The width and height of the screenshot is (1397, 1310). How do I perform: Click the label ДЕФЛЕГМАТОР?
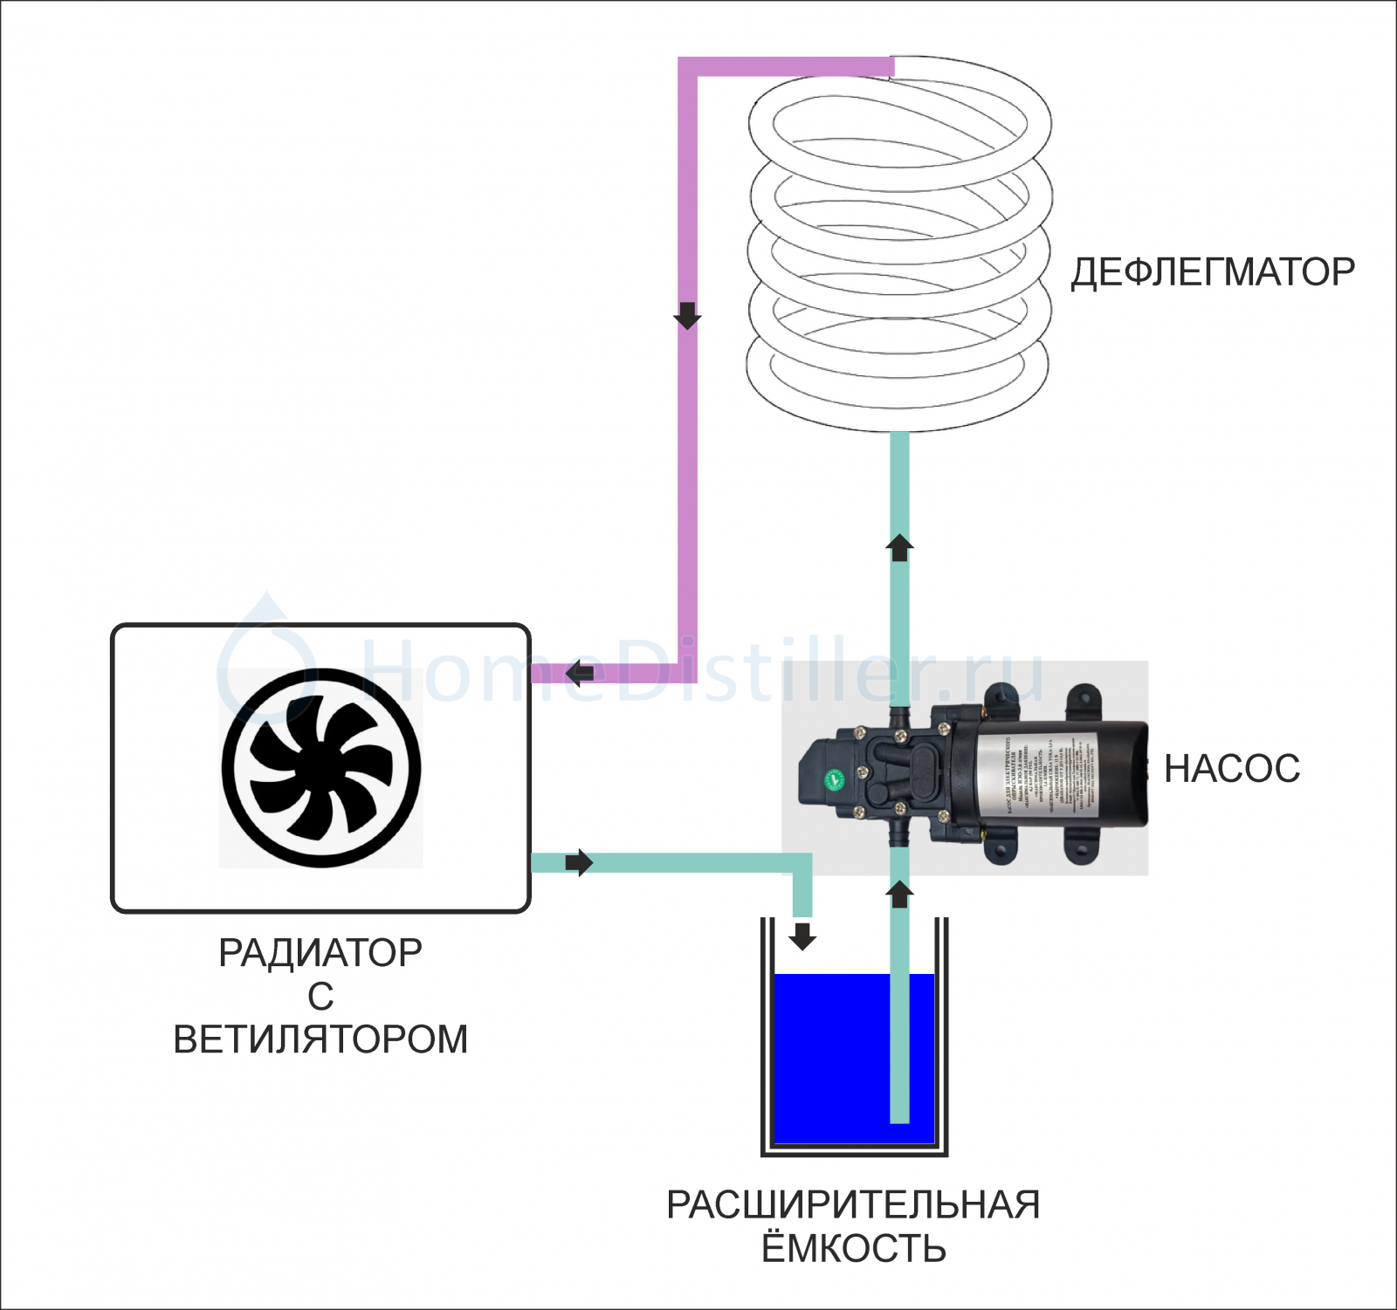point(1213,272)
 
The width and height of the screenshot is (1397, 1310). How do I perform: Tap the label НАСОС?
point(1232,769)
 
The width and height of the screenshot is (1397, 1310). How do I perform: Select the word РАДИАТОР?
point(320,953)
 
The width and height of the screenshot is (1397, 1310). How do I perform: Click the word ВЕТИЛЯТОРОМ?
point(320,1039)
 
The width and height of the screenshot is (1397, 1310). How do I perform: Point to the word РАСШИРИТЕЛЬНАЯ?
point(853,1205)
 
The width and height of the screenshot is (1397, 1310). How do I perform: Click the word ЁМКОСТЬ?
point(853,1249)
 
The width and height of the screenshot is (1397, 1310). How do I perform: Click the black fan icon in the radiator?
point(321,768)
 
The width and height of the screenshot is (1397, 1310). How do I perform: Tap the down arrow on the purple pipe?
point(687,315)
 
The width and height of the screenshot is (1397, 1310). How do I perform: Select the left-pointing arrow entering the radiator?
point(580,673)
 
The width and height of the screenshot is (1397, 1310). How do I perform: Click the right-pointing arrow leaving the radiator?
point(579,863)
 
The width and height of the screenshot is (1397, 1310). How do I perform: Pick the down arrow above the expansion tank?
point(802,936)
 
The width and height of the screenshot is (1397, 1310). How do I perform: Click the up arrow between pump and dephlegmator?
point(899,547)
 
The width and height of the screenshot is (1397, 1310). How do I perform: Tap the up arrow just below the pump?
point(899,894)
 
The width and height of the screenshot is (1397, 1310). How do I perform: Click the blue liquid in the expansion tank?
point(829,1056)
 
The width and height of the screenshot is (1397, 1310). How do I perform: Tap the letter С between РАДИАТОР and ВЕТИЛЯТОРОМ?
point(320,997)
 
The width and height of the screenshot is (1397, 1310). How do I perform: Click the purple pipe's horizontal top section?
point(786,66)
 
